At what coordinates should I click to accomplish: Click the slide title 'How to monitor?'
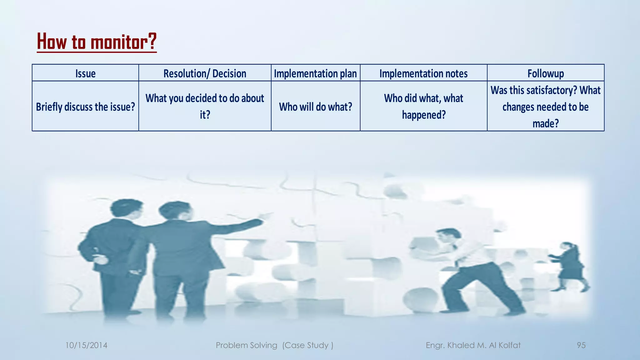pos(97,42)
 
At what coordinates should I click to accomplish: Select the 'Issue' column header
pos(85,73)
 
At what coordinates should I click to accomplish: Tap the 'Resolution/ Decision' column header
pos(205,73)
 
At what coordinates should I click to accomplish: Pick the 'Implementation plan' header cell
pos(315,73)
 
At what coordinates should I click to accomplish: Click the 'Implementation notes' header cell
pos(423,73)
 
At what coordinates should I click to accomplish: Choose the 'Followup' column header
pos(546,73)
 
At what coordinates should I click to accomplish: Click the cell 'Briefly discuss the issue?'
pos(85,107)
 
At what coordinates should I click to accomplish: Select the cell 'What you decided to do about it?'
pos(205,106)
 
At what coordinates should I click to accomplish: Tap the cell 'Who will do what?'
pos(315,107)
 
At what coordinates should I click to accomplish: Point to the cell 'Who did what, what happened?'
pos(423,106)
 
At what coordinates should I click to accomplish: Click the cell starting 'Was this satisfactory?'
pos(546,107)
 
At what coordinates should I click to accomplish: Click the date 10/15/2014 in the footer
pos(86,345)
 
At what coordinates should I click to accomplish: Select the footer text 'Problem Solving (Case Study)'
pos(274,345)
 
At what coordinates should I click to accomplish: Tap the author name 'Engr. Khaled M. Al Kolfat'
pos(473,345)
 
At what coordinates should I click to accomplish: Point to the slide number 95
pos(581,345)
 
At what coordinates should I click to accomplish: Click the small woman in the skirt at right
pos(571,266)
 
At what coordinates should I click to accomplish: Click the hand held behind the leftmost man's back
pos(99,259)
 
